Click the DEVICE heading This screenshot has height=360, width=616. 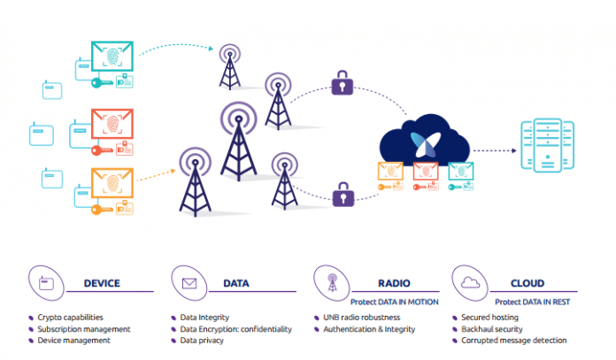[x=102, y=283]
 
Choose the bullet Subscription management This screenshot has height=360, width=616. [x=83, y=329]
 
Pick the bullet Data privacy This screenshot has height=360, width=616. [x=204, y=341]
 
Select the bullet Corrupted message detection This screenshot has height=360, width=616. [x=513, y=341]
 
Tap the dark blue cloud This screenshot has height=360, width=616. [x=422, y=142]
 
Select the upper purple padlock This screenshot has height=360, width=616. [x=341, y=85]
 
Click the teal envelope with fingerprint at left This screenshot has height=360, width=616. [x=112, y=58]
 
